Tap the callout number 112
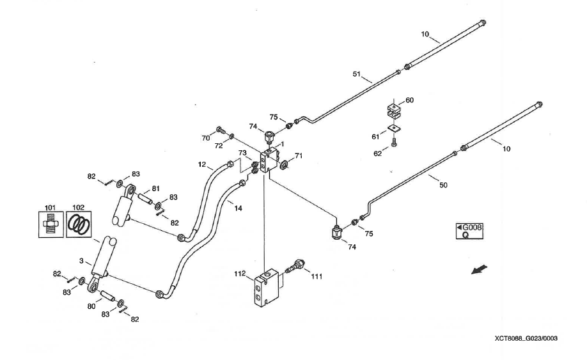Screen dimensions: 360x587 pos(240,275)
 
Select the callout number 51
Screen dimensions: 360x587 pos(357,75)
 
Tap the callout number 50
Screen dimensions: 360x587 pos(443,185)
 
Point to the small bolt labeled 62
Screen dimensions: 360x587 pos(394,143)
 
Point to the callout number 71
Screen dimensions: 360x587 pos(299,155)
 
